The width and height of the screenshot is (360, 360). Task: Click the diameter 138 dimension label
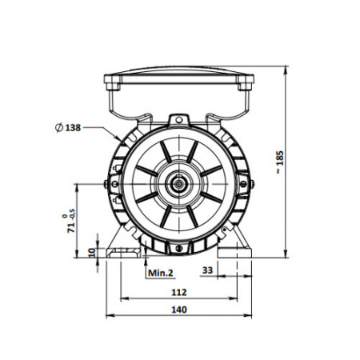(x=68, y=128)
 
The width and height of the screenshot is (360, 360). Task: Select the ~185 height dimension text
(x=280, y=162)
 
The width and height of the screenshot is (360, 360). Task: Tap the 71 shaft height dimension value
(x=71, y=228)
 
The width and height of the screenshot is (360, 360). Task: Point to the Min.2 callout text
(x=161, y=273)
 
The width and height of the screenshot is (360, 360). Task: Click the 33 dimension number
(x=207, y=270)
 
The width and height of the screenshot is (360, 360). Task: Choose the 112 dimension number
(x=179, y=293)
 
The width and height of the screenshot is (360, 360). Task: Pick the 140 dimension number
(x=179, y=310)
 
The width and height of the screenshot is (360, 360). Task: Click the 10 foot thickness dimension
(x=91, y=252)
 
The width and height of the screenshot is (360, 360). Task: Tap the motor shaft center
(x=178, y=184)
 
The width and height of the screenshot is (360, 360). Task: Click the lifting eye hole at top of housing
(x=179, y=119)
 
